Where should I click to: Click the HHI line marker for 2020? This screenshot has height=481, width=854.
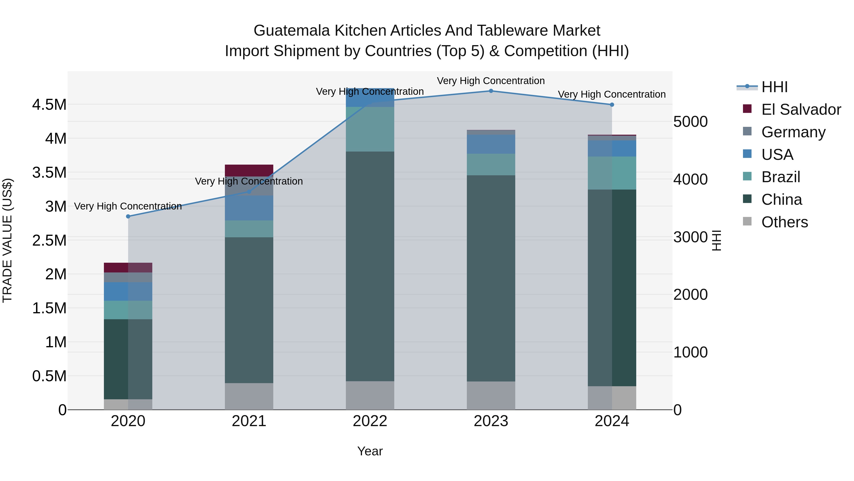click(128, 216)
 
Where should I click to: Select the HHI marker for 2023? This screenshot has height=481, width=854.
click(491, 91)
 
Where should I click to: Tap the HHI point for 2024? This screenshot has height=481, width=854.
click(612, 105)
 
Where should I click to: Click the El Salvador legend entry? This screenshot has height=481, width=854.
click(801, 110)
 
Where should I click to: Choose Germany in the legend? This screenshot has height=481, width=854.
click(793, 132)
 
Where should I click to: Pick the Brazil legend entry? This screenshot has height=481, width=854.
click(780, 177)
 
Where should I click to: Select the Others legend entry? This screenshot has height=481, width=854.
click(784, 222)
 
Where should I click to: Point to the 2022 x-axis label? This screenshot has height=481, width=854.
click(370, 421)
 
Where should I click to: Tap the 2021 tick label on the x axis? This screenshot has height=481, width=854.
click(249, 421)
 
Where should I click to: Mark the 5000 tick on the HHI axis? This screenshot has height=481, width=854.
click(691, 122)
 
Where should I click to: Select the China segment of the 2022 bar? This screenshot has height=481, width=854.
click(370, 266)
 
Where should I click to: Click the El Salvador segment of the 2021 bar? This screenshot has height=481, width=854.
click(249, 170)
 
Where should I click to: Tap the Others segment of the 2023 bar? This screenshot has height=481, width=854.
click(491, 395)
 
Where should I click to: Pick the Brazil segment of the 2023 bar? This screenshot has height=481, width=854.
click(491, 164)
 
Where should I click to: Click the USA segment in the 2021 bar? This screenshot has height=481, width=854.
click(249, 208)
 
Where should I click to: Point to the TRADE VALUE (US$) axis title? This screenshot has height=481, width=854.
click(7, 240)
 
